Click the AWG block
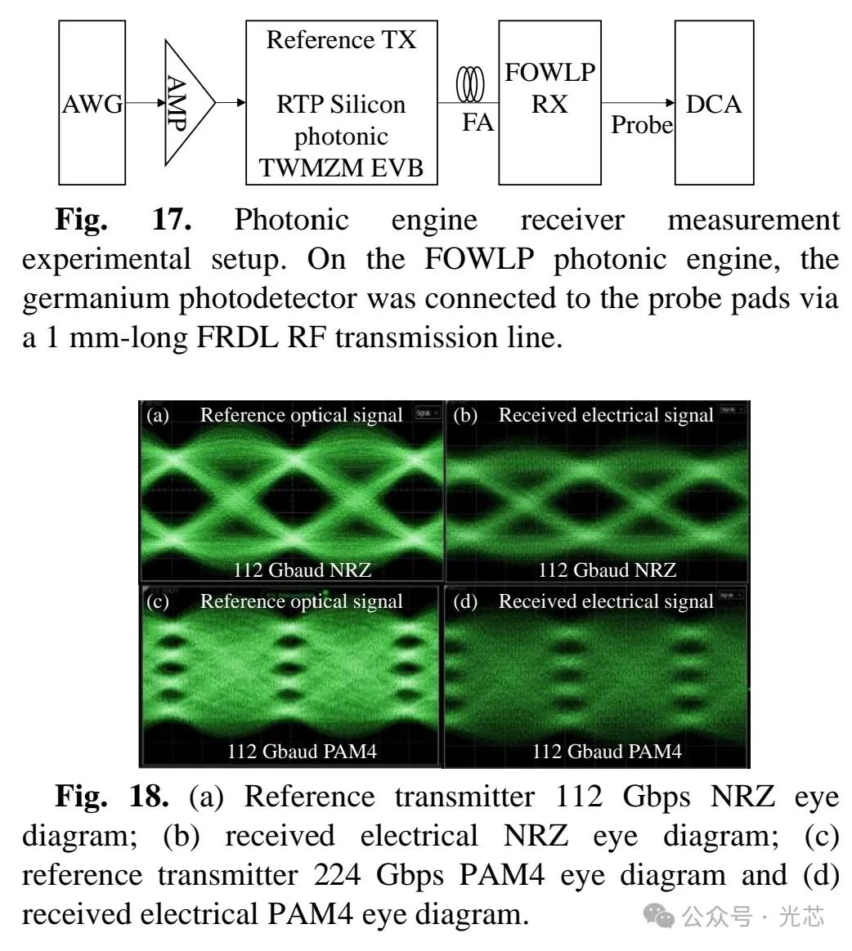(92, 103)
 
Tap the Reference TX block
(341, 103)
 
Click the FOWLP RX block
(549, 103)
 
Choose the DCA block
(713, 103)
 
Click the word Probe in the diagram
(642, 125)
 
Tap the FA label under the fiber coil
(478, 123)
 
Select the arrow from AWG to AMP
(145, 104)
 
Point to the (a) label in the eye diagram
(158, 415)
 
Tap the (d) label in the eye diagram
(465, 601)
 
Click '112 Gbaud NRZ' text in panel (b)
(607, 569)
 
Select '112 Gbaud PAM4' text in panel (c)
(302, 752)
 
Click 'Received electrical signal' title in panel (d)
(606, 601)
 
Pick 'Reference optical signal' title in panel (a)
(302, 415)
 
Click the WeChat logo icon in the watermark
(659, 917)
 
